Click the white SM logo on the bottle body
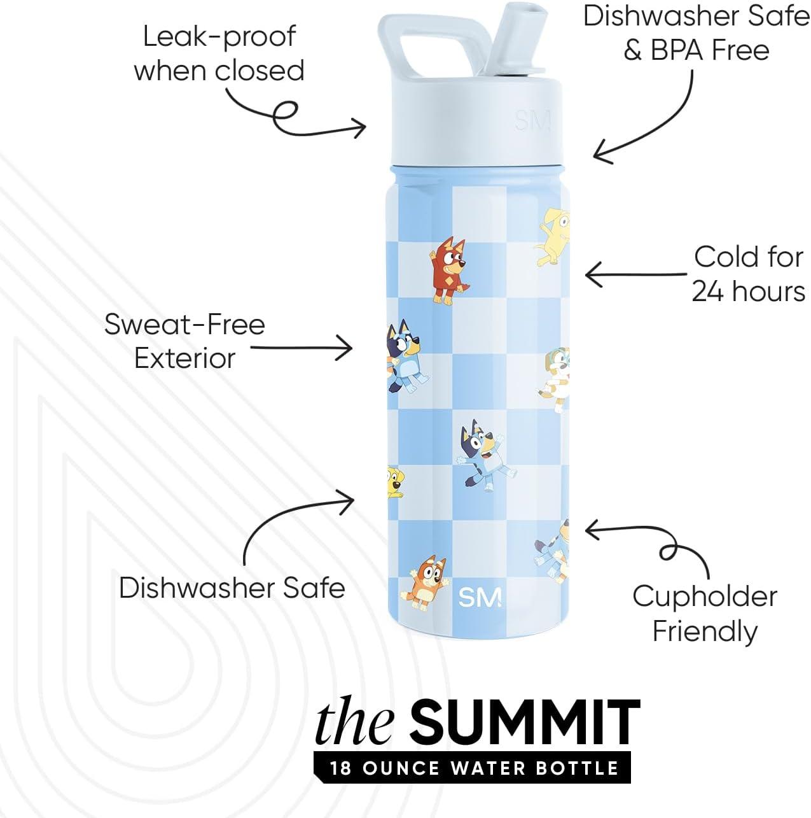pyautogui.click(x=480, y=597)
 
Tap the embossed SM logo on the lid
pyautogui.click(x=532, y=120)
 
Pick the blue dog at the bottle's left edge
pyautogui.click(x=406, y=356)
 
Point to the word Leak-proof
pyautogui.click(x=219, y=36)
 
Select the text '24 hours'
pyautogui.click(x=748, y=292)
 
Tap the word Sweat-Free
pyautogui.click(x=184, y=325)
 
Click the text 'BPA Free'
pyautogui.click(x=696, y=50)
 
